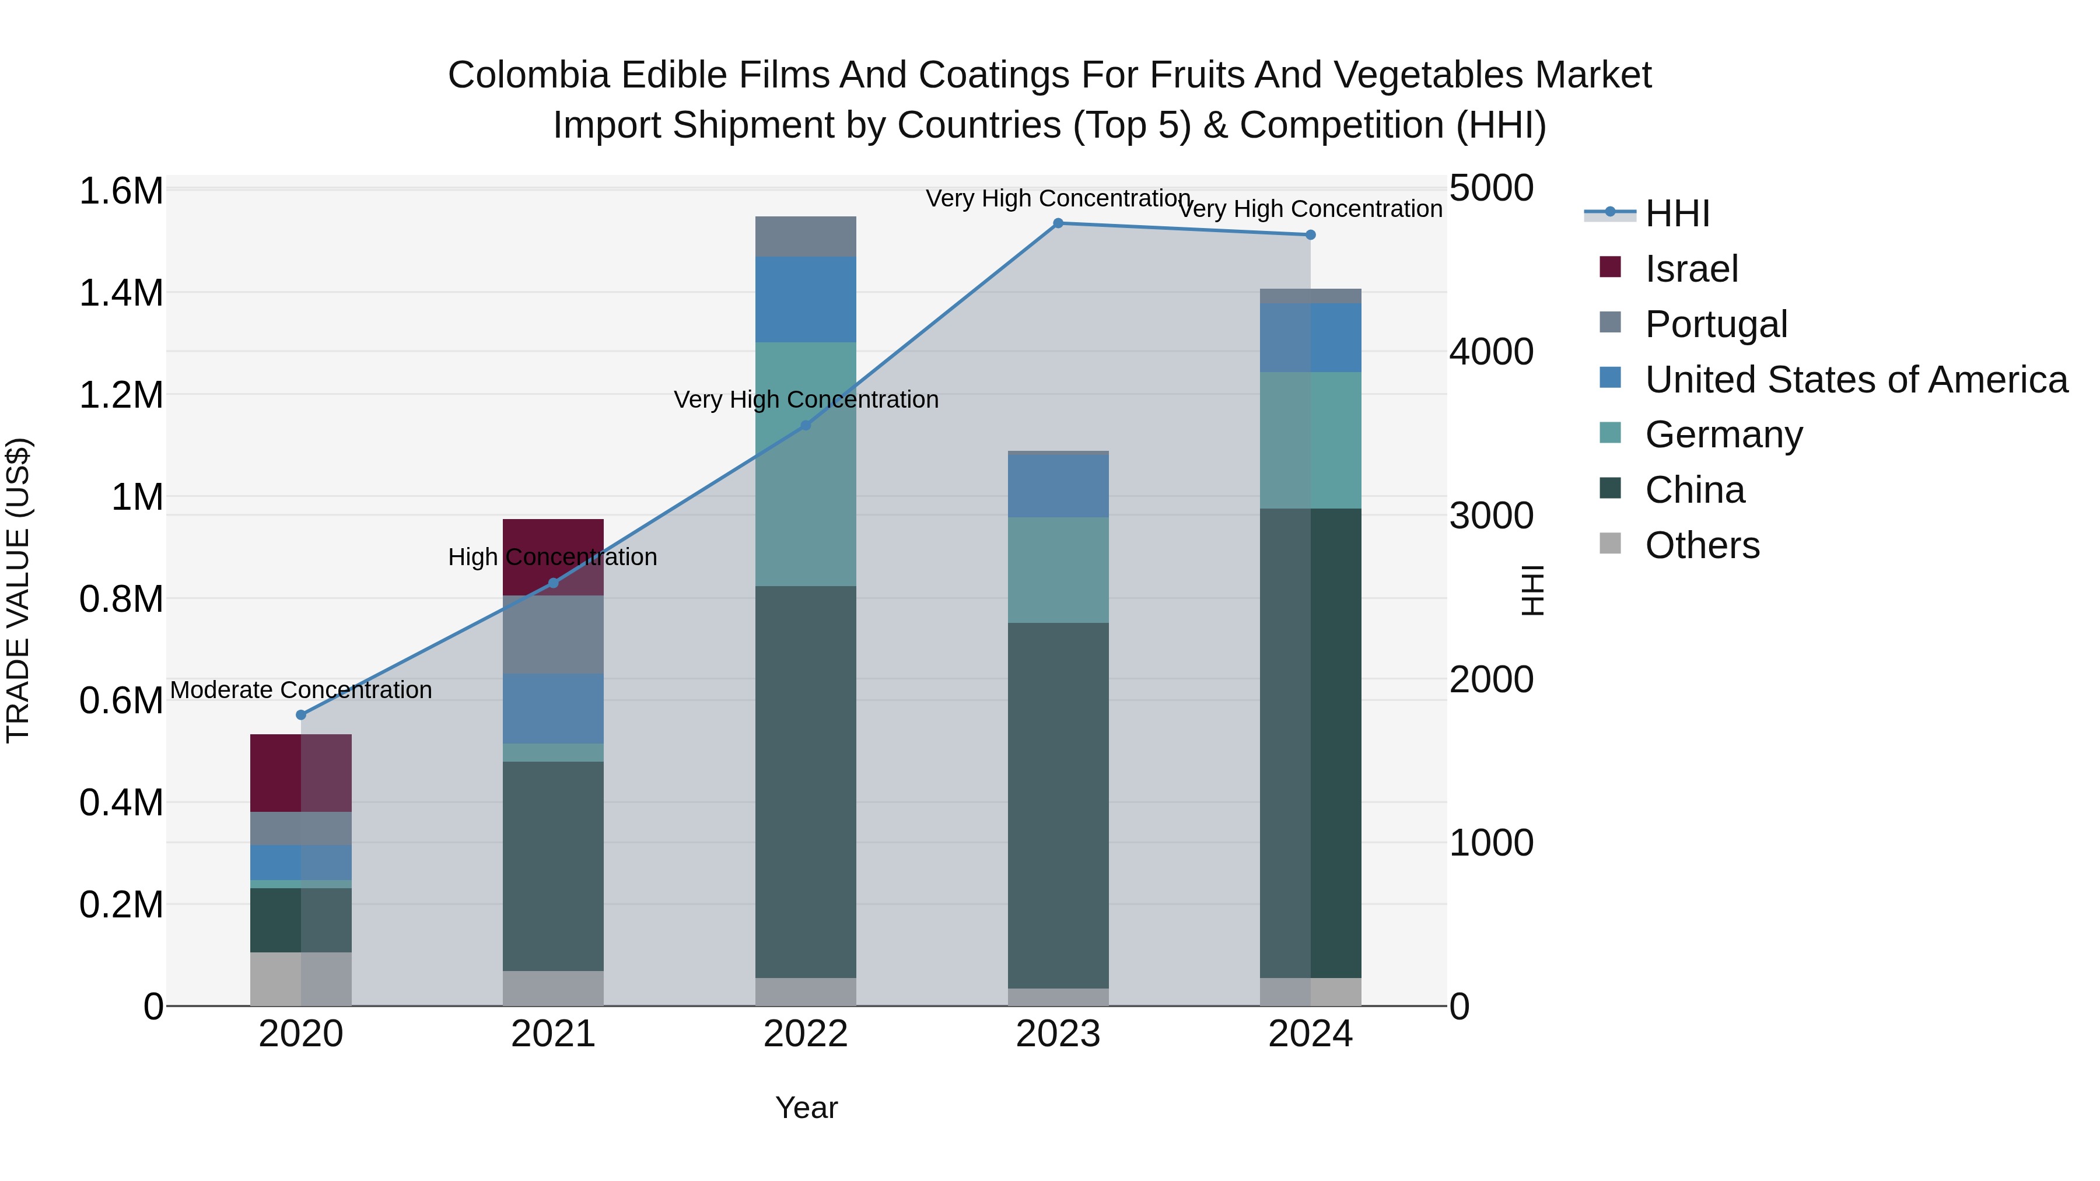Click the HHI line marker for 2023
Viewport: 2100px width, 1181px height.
[1058, 223]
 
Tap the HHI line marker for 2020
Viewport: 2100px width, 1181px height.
[301, 715]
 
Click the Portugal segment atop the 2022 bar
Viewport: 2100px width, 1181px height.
[806, 236]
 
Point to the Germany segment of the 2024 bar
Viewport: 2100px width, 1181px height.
[1311, 440]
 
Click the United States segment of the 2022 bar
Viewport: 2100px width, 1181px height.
[806, 299]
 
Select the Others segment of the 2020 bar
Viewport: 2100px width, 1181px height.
[301, 978]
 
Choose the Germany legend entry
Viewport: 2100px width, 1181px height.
[1723, 434]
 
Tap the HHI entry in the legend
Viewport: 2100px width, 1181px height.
[1677, 213]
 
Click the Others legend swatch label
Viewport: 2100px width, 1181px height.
[1702, 545]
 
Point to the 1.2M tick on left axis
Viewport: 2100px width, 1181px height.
[121, 395]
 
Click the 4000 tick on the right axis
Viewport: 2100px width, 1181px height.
[1491, 352]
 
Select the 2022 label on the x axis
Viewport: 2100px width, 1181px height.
[806, 1034]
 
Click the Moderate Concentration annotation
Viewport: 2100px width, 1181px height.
[301, 689]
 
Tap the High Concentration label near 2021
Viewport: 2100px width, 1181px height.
[553, 558]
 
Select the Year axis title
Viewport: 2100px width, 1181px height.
[806, 1108]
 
